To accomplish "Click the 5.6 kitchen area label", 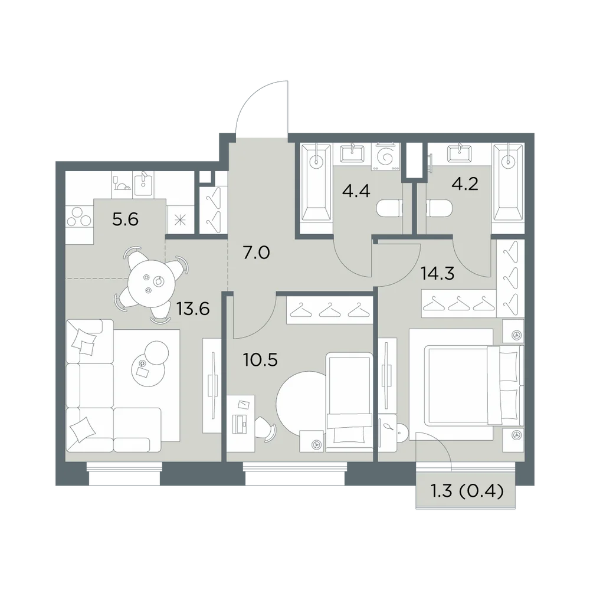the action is tap(125, 219).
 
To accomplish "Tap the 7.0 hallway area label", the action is tap(256, 253).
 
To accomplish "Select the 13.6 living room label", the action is tap(193, 309).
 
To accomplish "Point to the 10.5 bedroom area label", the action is tap(260, 360).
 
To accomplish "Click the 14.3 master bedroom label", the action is tap(438, 274).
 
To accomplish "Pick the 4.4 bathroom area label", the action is tap(356, 191).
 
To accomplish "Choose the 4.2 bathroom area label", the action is tap(465, 184).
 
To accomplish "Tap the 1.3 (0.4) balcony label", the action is tap(467, 491).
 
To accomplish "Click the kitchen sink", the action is tap(143, 183).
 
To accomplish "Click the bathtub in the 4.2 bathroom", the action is tap(508, 182).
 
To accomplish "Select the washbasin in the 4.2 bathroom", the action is tap(460, 154).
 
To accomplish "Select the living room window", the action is tap(124, 473).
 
